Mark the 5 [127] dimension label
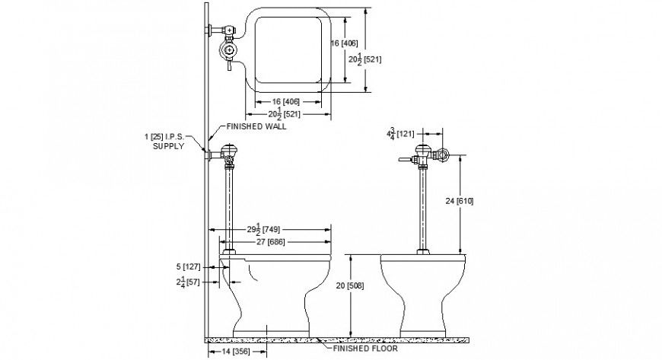point(187,266)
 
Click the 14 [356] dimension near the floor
point(236,351)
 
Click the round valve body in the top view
point(228,50)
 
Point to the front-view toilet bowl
point(423,289)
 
